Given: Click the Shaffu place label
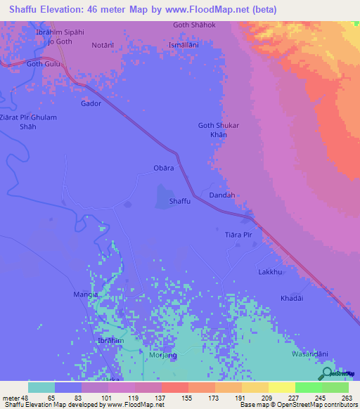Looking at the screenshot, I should click(180, 201).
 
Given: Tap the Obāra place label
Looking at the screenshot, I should click(163, 169).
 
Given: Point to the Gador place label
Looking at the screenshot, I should click(91, 103).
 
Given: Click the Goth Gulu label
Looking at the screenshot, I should click(44, 64).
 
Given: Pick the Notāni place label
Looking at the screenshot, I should click(103, 44).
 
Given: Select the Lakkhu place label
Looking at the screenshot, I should click(270, 271).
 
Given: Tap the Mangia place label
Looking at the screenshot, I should click(86, 294).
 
